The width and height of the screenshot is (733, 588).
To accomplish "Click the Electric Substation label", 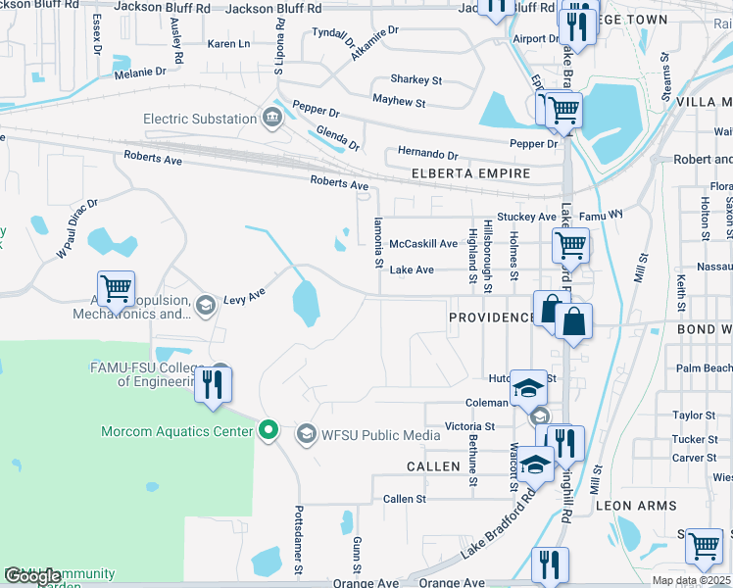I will (200, 120).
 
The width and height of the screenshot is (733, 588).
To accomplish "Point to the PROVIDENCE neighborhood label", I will (492, 318).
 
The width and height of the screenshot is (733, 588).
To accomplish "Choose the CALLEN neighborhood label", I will (433, 466).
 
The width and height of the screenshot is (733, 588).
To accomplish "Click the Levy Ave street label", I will (245, 295).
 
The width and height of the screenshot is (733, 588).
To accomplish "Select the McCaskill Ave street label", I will (423, 244).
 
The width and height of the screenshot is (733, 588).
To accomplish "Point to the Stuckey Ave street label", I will (526, 217).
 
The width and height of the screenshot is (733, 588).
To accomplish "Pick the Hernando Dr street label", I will (427, 155).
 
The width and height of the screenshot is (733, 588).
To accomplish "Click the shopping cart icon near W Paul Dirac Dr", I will (117, 288).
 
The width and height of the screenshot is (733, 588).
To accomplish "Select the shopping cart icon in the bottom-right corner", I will (704, 546).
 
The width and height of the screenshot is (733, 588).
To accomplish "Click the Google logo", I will (32, 577).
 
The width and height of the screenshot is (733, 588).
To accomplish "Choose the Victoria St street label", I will (469, 426).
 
